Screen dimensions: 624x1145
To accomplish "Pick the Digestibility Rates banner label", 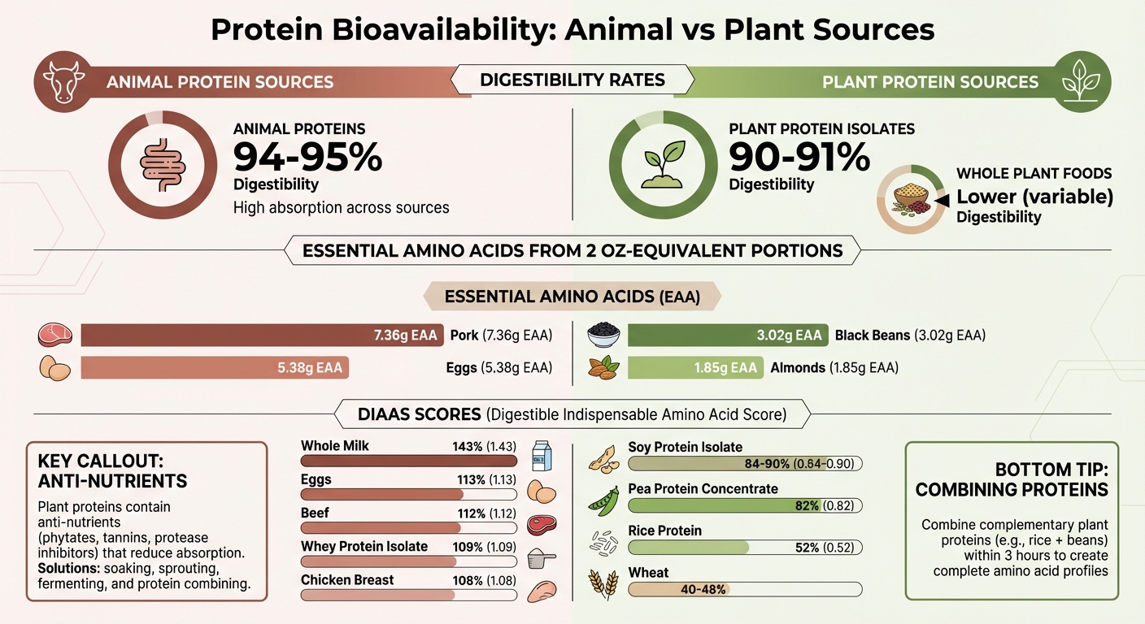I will click(x=572, y=80).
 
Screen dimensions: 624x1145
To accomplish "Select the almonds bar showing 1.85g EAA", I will click(x=696, y=367).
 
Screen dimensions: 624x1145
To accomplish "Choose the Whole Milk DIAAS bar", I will click(x=408, y=461).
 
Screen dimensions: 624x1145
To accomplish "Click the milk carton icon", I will click(x=541, y=455).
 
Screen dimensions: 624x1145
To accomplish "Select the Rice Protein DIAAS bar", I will click(x=745, y=548).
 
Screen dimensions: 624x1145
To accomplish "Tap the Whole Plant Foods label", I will click(x=1034, y=173).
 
